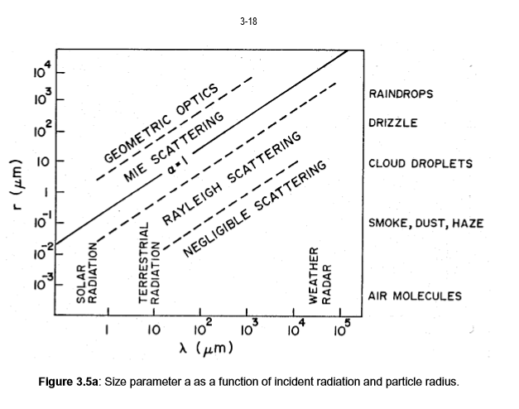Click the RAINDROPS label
401,94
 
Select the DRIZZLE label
393,123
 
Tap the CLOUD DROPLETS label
420,163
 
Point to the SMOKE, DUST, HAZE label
425,224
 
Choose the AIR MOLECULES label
415,296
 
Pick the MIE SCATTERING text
174,147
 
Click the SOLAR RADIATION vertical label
88,281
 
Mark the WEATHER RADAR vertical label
320,276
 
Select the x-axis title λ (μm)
204,348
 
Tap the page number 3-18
247,22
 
